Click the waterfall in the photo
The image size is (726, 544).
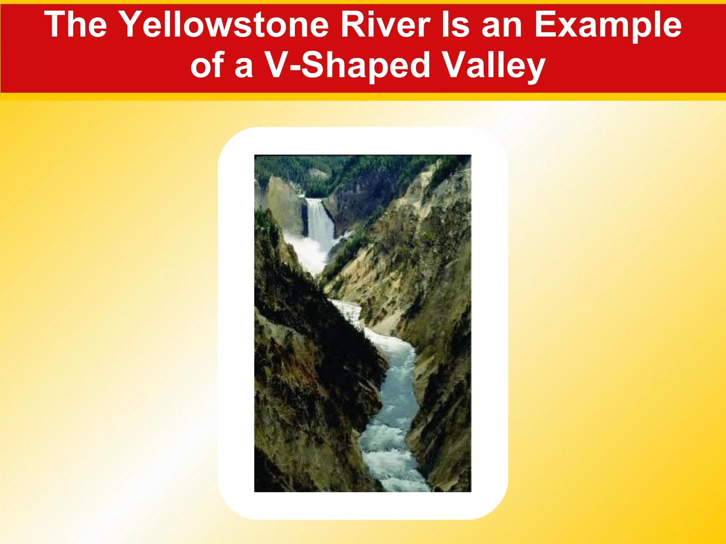[320, 220]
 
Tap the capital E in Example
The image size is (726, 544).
[546, 25]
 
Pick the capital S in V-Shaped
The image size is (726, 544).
[314, 66]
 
